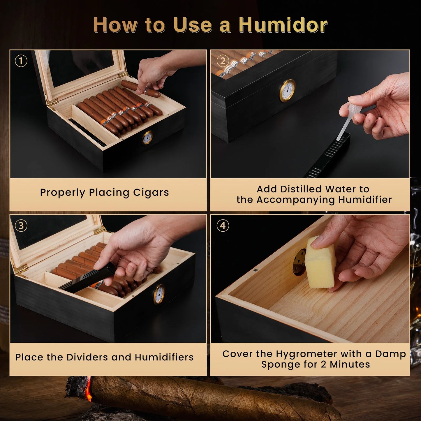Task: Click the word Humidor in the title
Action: [x=283, y=25]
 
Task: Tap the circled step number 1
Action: [x=21, y=61]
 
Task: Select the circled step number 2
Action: [x=223, y=61]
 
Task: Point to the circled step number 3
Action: [x=21, y=226]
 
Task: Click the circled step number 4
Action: [x=223, y=226]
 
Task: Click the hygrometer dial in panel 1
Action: [x=147, y=138]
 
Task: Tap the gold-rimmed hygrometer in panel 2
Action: [x=287, y=91]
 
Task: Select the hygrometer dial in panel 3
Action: [x=159, y=294]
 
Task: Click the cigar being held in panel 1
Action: [x=140, y=88]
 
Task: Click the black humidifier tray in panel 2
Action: [x=329, y=157]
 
